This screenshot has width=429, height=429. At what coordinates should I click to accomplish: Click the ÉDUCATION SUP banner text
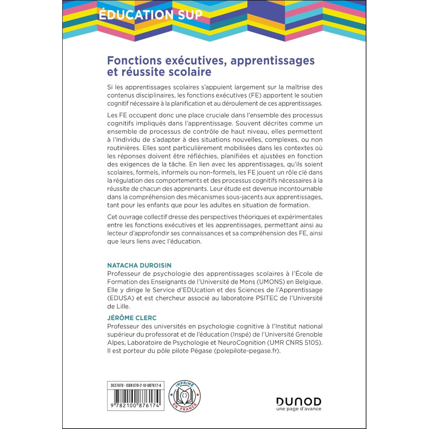151,15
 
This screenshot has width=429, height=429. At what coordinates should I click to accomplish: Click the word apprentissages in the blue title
272,60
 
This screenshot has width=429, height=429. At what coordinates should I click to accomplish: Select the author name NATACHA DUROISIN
139,265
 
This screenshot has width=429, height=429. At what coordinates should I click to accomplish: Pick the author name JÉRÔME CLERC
132,318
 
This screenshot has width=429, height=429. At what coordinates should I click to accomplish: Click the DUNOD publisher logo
299,401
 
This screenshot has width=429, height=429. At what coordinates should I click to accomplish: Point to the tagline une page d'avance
299,409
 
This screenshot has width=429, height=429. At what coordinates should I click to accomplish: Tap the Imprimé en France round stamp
184,396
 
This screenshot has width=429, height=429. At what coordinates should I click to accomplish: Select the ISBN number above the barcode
143,385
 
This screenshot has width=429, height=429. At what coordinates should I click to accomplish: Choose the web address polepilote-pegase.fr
247,351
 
